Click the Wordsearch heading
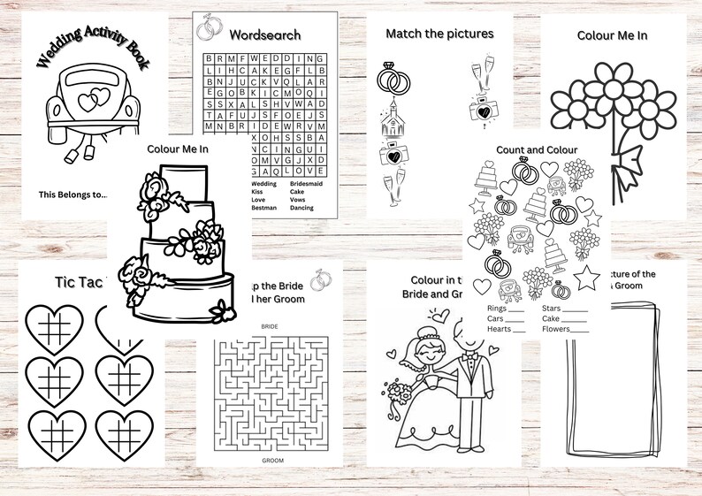pyautogui.click(x=264, y=35)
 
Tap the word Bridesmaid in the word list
pyautogui.click(x=309, y=185)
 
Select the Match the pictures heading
pyautogui.click(x=439, y=34)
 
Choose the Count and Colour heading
pyautogui.click(x=535, y=149)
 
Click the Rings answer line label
pyautogui.click(x=497, y=309)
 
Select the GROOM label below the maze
pyautogui.click(x=272, y=461)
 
